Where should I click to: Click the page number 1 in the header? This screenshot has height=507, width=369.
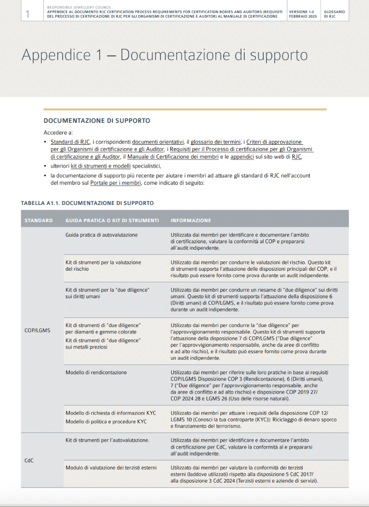(28, 14)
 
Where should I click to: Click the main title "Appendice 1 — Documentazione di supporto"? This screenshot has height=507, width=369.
(164, 55)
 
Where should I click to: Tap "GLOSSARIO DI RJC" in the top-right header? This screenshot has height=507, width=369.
(334, 14)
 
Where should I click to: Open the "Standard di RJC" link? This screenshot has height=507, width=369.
(70, 142)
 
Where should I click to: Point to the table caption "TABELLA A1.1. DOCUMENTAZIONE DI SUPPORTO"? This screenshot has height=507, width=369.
(87, 203)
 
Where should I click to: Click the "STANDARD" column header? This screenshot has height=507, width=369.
(39, 220)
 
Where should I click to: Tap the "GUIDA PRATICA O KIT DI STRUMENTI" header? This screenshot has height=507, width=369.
(112, 220)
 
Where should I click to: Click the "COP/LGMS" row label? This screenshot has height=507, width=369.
(37, 330)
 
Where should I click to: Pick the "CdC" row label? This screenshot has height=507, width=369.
(29, 460)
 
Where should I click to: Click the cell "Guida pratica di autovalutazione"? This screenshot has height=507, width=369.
(101, 235)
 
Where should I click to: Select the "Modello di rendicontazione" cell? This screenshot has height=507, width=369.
(96, 372)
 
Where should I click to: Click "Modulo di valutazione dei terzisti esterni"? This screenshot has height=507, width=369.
(111, 467)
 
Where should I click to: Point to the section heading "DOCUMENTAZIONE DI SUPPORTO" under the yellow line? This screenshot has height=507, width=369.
(97, 121)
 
